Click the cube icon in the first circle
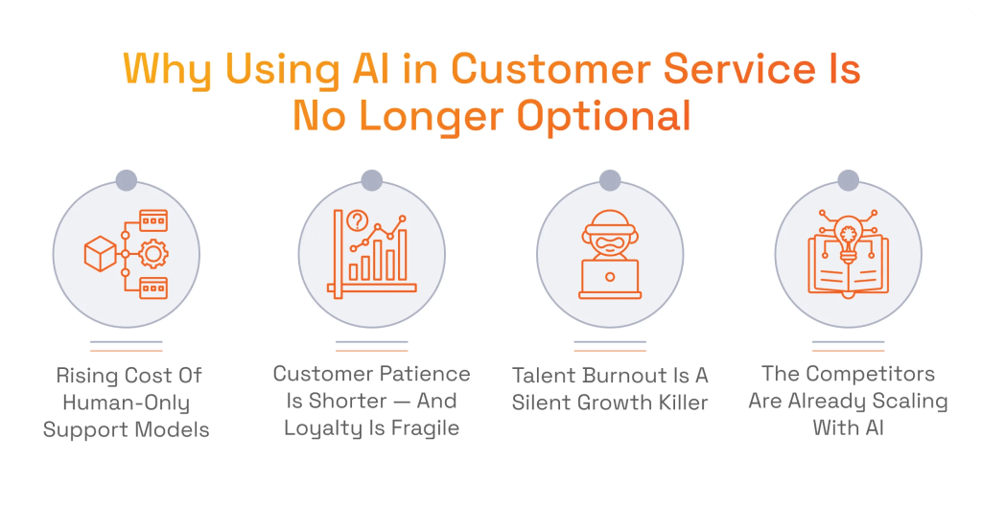pos(99,254)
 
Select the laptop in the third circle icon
pos(610,280)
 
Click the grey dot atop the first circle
pos(126,179)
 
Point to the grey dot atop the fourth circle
pos(848,179)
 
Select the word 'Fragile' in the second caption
pos(418,427)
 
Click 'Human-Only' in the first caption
pos(126,402)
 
